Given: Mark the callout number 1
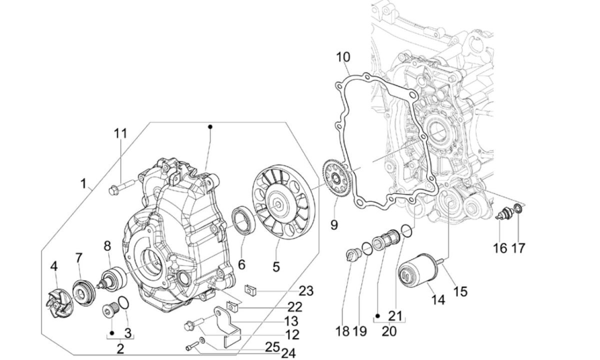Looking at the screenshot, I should tap(84, 184).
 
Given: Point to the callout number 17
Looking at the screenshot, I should tap(518, 247).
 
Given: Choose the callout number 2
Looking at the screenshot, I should tap(120, 349).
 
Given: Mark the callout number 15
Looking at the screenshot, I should tap(460, 291).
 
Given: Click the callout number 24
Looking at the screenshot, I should tap(288, 353).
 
